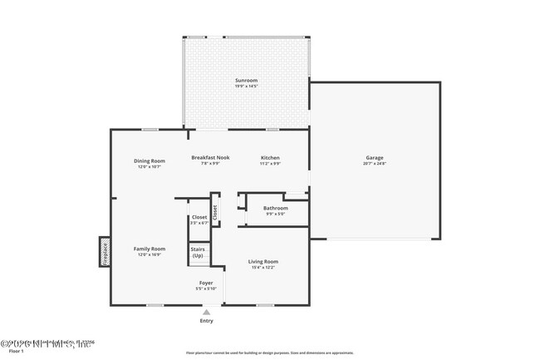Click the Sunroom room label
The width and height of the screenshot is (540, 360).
coord(247,80)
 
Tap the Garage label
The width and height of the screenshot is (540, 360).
coord(376,157)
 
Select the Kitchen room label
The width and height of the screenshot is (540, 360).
coord(270,157)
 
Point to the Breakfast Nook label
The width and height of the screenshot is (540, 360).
coord(210,157)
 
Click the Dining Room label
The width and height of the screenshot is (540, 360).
coord(150,160)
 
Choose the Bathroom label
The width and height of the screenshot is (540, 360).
coord(275,208)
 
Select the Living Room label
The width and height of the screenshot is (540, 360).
coord(263,262)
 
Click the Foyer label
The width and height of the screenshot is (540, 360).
coord(205,283)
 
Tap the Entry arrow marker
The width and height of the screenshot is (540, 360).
coord(206,312)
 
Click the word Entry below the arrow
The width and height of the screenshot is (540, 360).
coord(206,321)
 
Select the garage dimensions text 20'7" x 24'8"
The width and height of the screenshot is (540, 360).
coord(376,164)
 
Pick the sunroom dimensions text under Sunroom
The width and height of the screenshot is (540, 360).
coord(247,86)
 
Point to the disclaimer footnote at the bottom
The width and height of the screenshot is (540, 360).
coord(269,353)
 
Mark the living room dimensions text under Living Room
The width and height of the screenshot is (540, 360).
coord(263,269)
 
